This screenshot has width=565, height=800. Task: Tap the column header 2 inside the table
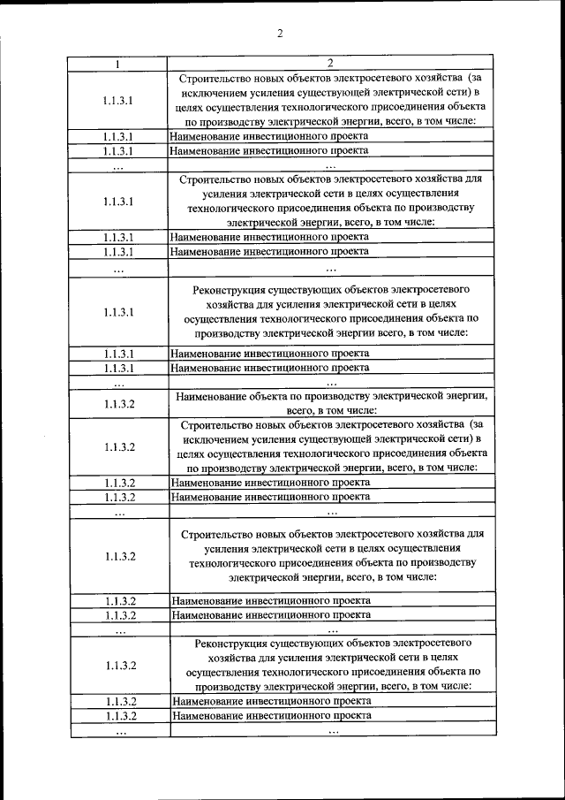[x=329, y=64]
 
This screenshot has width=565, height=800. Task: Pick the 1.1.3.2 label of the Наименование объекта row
[x=117, y=404]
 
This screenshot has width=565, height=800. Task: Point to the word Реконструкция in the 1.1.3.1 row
[x=229, y=289]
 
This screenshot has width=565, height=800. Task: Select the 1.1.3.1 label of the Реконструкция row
[x=117, y=312]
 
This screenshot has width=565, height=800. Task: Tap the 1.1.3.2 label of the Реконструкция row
[x=117, y=665]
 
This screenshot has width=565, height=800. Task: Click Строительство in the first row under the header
[x=213, y=78]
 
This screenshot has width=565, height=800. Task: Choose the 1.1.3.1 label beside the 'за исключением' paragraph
[x=117, y=100]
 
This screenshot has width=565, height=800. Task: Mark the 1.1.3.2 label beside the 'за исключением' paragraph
[x=117, y=446]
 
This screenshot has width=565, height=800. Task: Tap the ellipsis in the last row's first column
[x=119, y=732]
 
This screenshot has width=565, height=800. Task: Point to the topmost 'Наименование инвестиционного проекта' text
[x=268, y=136]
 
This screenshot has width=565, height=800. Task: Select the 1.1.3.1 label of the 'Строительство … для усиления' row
[x=117, y=201]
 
